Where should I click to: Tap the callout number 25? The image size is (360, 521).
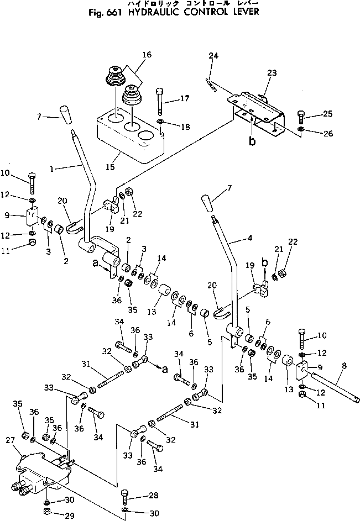tap(328, 114)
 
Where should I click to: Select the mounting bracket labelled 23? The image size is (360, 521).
tap(260, 110)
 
